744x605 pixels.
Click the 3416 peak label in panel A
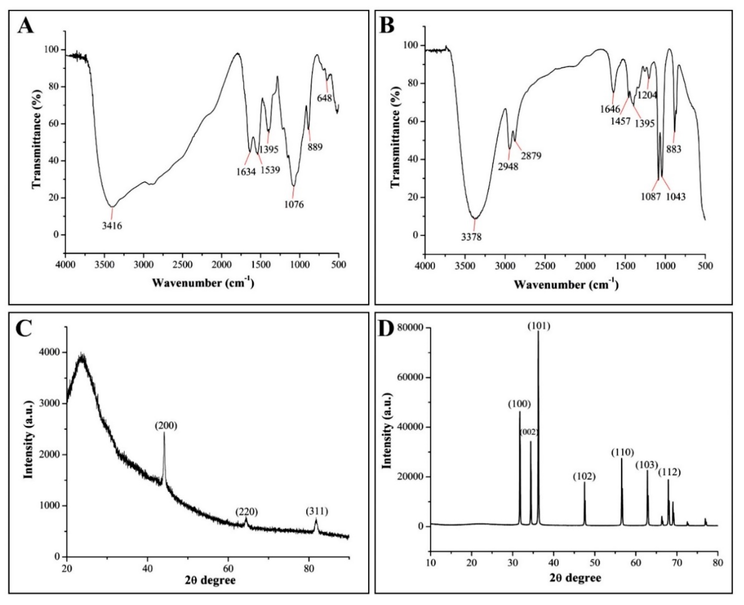(112, 226)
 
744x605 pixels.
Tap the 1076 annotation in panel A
(294, 204)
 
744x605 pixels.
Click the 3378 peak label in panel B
(471, 237)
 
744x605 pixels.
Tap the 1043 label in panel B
(676, 197)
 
